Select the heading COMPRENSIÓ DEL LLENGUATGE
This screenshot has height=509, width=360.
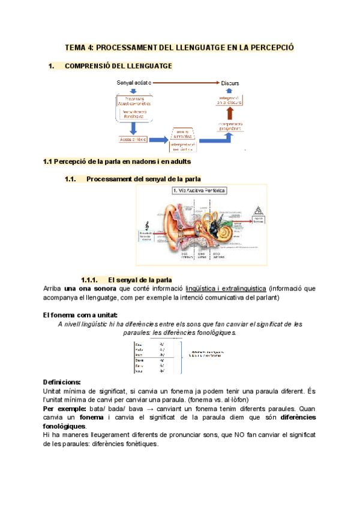(x=118, y=65)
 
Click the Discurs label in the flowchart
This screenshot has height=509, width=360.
(x=230, y=82)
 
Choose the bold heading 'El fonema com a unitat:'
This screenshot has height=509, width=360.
(x=80, y=315)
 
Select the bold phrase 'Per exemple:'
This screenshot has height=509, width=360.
(x=64, y=408)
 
